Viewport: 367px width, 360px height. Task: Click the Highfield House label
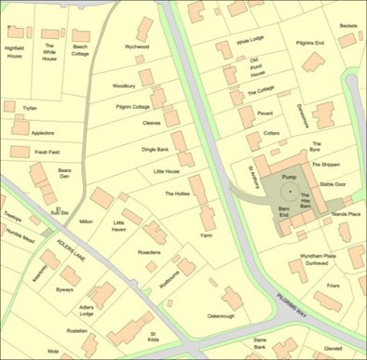click(14, 51)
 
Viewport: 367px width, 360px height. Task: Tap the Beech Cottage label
click(81, 49)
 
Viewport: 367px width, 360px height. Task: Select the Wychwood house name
click(137, 46)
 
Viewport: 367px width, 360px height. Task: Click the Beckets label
click(347, 26)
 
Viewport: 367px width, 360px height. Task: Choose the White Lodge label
click(250, 42)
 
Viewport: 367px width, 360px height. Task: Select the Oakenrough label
click(220, 316)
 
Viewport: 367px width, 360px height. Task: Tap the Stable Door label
click(332, 184)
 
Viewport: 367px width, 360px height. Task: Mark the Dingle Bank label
click(155, 149)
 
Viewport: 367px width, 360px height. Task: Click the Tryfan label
click(29, 108)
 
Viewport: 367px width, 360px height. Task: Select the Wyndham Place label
click(317, 255)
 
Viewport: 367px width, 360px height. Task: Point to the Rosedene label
click(149, 252)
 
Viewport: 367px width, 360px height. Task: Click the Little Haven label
click(118, 226)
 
